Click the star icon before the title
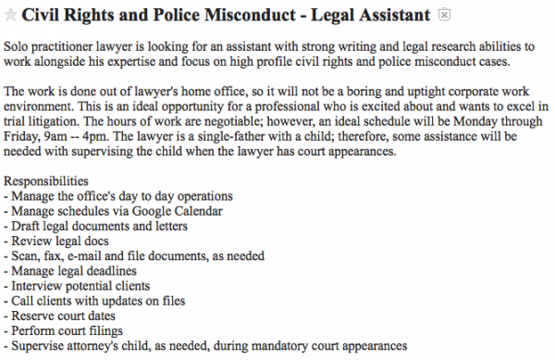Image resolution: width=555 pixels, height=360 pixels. pyautogui.click(x=10, y=15)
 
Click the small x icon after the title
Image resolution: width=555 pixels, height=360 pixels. pyautogui.click(x=444, y=15)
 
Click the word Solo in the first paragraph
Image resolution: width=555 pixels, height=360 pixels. pyautogui.click(x=18, y=44)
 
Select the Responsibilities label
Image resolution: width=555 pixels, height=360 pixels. pyautogui.click(x=46, y=181)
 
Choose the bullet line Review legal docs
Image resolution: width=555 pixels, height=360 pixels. pyautogui.click(x=60, y=241)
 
